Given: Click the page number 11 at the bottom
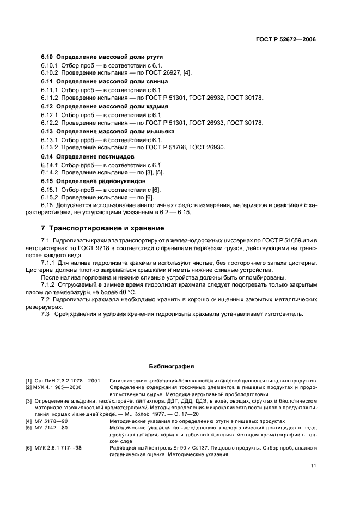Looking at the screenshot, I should coord(313,465).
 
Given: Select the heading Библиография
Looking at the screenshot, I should coord(171,366).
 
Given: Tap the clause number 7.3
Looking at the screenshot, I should coord(46,314).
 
